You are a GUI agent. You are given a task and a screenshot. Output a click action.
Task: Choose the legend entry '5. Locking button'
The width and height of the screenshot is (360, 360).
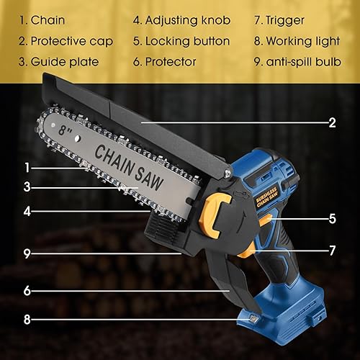point(181,41)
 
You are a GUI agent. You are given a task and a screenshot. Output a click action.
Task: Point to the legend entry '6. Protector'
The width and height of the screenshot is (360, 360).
point(165,62)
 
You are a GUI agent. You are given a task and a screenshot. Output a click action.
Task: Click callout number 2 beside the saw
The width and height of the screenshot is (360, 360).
point(332,123)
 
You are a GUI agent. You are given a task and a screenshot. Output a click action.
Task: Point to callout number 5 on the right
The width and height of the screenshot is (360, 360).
point(332,217)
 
